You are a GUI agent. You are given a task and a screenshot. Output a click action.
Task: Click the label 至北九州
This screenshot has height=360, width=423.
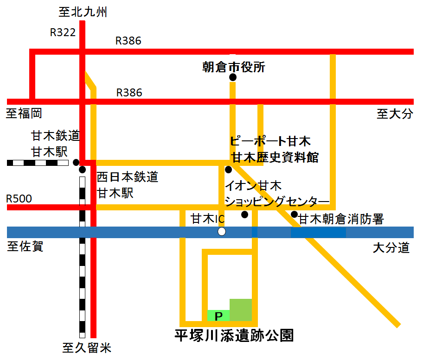83,12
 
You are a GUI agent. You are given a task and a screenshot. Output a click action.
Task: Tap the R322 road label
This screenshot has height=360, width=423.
63,32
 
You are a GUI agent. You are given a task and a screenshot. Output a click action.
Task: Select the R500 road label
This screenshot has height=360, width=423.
19,199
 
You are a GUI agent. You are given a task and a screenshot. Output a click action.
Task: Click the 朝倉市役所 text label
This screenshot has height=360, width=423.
234,67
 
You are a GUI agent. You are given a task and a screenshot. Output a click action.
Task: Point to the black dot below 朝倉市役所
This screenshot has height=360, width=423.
233,77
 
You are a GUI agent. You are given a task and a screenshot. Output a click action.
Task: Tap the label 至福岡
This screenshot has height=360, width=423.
24,113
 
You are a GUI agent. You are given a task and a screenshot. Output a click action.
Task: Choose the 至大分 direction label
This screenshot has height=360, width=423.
394,114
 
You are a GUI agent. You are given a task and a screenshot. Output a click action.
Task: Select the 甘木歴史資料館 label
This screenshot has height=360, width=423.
276,157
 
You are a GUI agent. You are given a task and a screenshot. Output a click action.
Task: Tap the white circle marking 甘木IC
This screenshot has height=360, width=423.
222,232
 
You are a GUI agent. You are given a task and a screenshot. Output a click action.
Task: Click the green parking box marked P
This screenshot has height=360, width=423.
218,316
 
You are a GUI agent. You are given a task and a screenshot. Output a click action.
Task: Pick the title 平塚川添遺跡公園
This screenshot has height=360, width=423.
234,335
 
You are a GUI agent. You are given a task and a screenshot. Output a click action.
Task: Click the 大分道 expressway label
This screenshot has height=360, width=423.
391,248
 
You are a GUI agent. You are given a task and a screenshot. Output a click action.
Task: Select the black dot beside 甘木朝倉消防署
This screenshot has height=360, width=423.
294,214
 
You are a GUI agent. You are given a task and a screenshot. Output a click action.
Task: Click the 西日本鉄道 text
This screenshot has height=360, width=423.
128,177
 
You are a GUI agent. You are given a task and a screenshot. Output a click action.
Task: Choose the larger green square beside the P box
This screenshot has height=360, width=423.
241,310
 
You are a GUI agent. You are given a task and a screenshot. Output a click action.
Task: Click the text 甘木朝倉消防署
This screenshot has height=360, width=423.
341,219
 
